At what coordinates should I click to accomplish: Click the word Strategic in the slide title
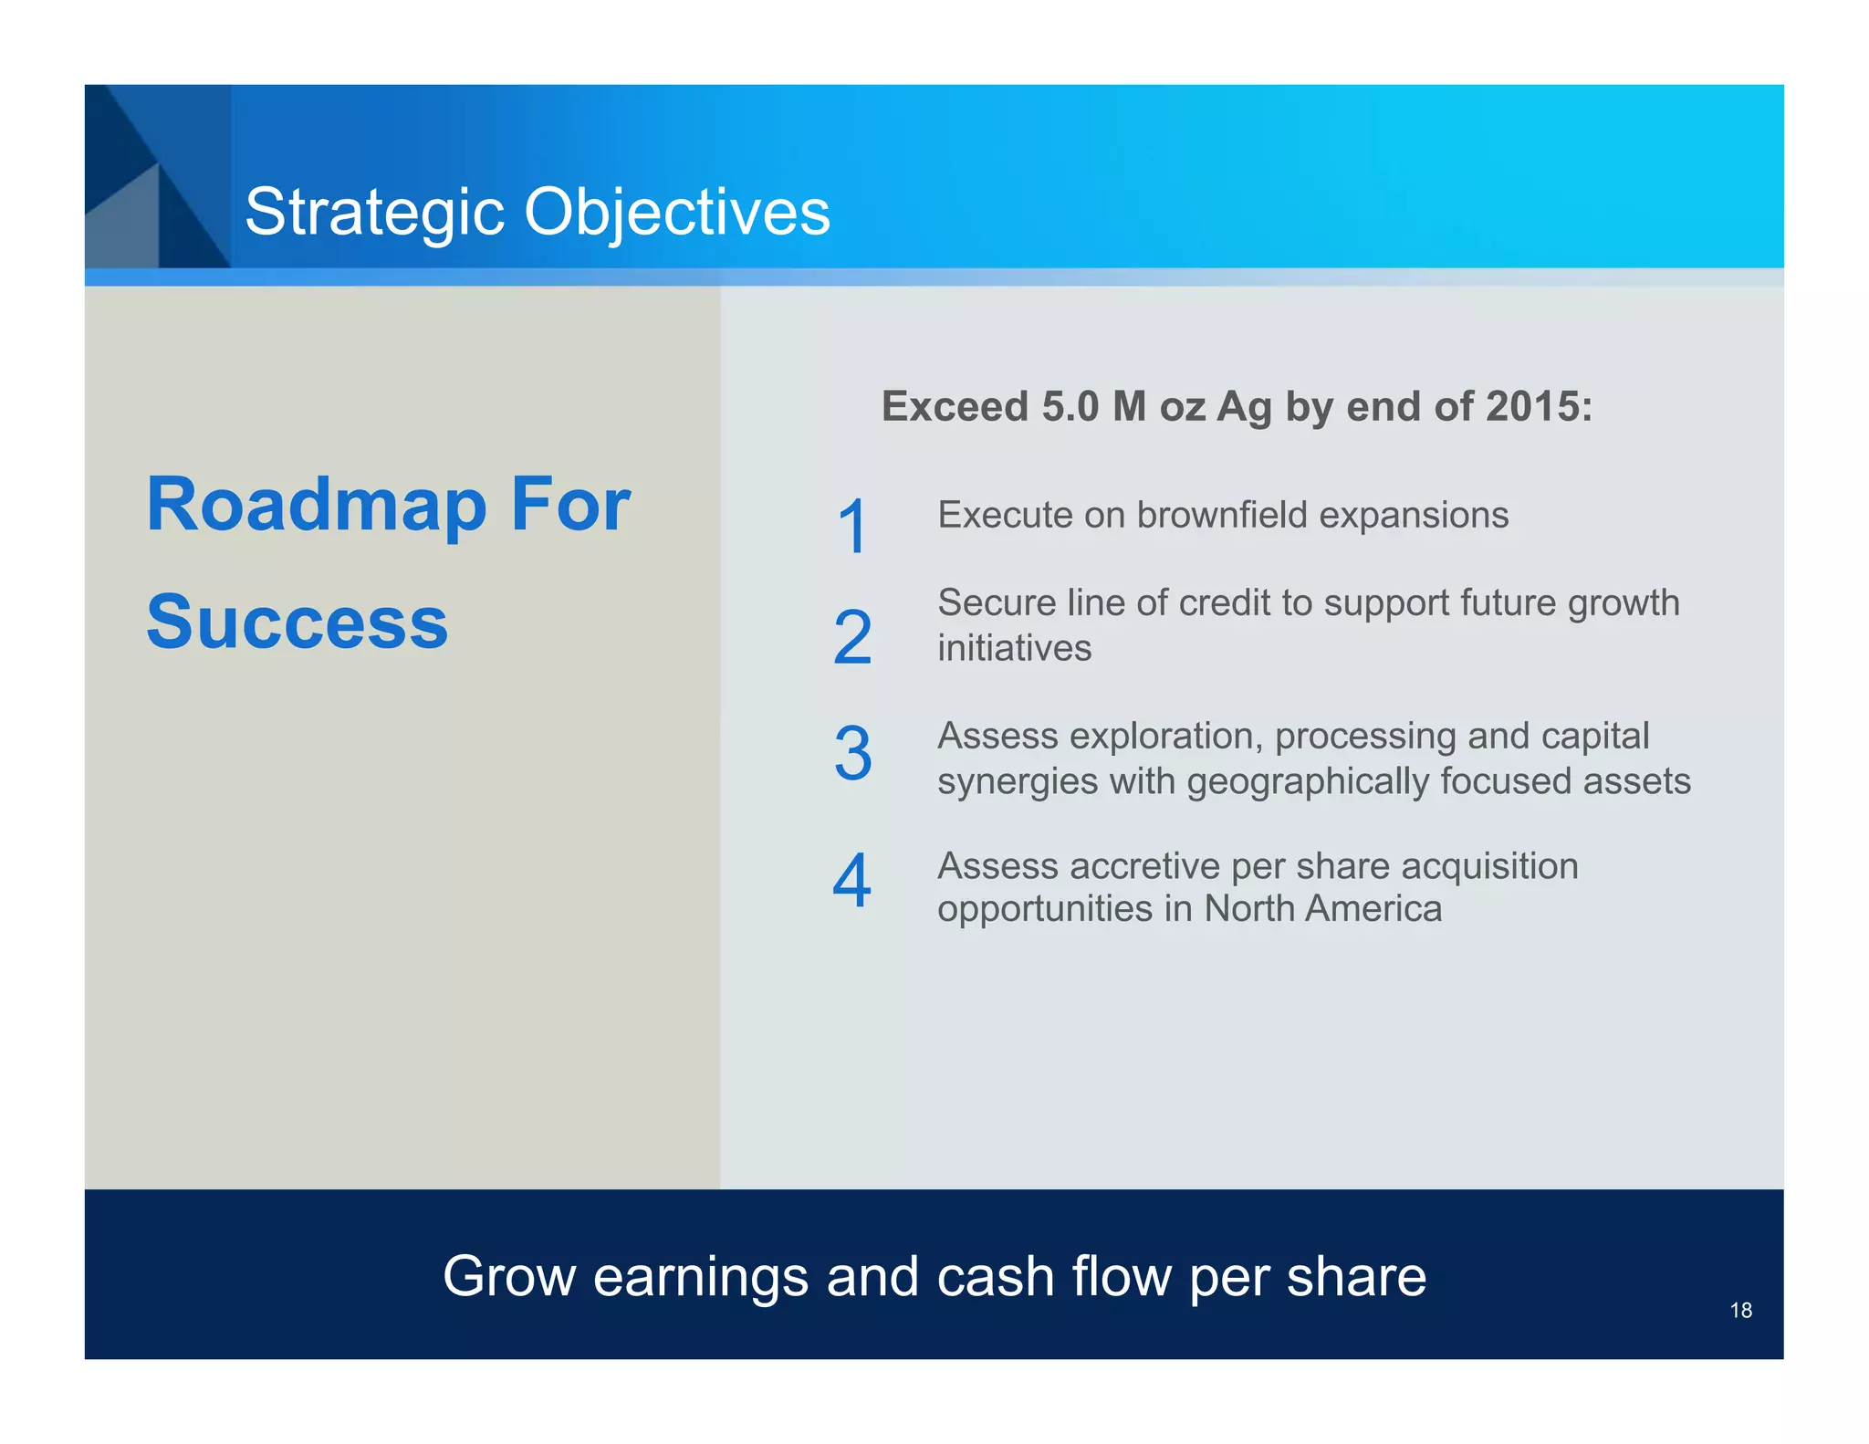(x=374, y=213)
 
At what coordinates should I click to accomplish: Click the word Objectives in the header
(x=676, y=213)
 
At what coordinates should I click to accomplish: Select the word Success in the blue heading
(x=298, y=623)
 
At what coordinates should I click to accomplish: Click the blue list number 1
(x=852, y=527)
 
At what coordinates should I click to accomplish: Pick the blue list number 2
(x=852, y=637)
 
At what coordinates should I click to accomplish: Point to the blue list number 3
(x=852, y=754)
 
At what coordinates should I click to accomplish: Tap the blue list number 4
(x=852, y=881)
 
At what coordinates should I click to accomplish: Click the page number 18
(x=1740, y=1311)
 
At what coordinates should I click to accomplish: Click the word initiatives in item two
(x=1014, y=649)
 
